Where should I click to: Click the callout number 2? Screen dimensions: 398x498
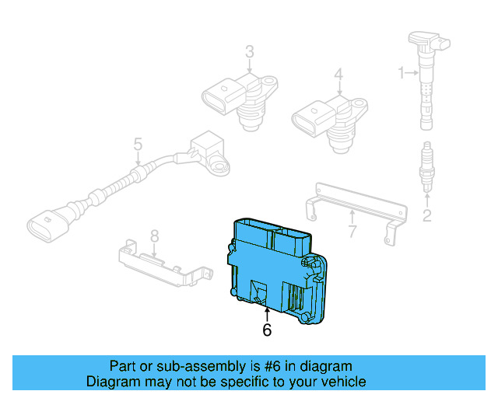click(426, 215)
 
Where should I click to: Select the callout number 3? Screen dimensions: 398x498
click(249, 52)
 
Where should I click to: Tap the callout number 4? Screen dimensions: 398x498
click(338, 75)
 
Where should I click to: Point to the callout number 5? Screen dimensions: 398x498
click(138, 144)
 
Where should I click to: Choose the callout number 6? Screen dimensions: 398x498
click(267, 330)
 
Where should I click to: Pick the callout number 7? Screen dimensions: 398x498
click(352, 231)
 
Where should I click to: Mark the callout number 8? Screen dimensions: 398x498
click(154, 235)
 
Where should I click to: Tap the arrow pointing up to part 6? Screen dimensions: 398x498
click(267, 314)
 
